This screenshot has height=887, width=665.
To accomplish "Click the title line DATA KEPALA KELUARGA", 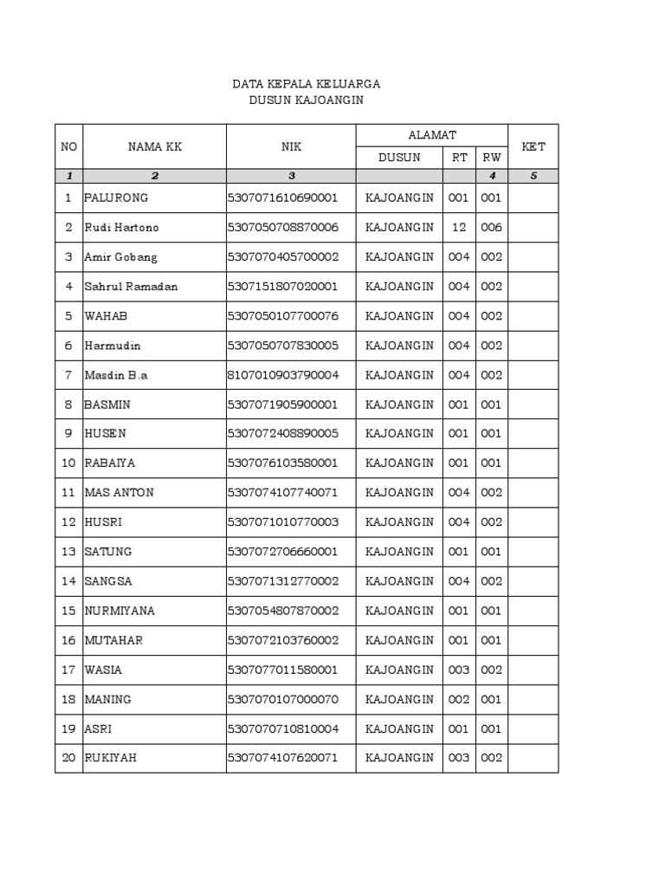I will [x=306, y=84].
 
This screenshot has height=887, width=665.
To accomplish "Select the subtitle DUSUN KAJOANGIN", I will [x=306, y=100].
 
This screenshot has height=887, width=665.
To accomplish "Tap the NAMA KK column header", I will [x=155, y=146].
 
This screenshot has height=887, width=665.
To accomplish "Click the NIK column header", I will [x=291, y=146].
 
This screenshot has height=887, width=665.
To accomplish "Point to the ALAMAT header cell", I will [x=431, y=135].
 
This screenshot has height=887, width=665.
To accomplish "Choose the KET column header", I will [x=533, y=146].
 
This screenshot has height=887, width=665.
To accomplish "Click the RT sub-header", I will [x=459, y=158].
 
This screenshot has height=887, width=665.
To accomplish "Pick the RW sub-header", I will [x=491, y=158].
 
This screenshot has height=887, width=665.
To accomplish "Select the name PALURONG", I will [x=116, y=197].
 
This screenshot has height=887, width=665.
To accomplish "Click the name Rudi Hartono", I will [x=121, y=227].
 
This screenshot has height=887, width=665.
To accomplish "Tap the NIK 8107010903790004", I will [x=283, y=374].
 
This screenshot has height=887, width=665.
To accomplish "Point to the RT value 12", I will [x=459, y=227].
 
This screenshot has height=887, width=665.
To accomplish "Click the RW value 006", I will [x=491, y=227].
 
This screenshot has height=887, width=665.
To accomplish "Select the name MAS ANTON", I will [x=119, y=492].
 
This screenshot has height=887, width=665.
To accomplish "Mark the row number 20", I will [x=68, y=757].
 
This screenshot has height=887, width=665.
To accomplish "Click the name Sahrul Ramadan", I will [x=131, y=286].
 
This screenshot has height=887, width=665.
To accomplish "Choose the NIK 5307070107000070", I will [x=283, y=698].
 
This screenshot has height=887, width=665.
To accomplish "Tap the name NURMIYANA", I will [x=119, y=610].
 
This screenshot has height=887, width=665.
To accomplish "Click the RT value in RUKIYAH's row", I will [x=459, y=757].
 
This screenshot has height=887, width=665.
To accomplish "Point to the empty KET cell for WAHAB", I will [x=533, y=315].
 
